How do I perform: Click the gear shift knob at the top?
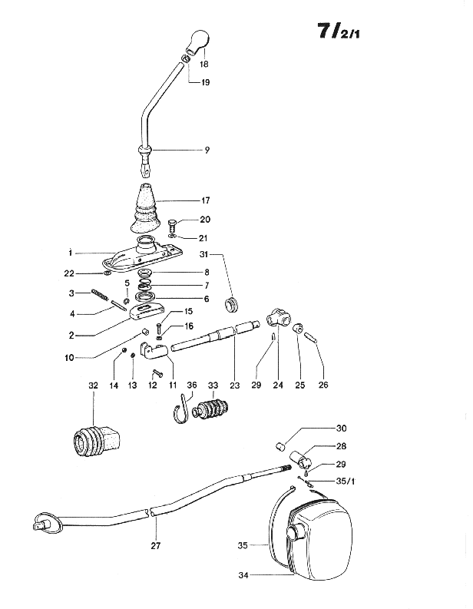pos(197,41)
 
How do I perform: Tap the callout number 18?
pos(204,64)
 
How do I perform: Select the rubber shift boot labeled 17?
pos(144,208)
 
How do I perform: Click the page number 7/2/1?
pos(339,31)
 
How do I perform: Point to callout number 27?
pos(155,546)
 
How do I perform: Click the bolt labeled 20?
pos(173,226)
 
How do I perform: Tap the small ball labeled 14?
pos(124,350)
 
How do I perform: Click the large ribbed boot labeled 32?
pos(96,442)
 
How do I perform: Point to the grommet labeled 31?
pos(232,303)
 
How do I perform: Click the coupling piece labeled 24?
pos(279,318)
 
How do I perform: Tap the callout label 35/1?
pos(346,482)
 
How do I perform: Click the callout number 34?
pos(243,575)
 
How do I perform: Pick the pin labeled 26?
pos(313,336)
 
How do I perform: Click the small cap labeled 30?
pos(280,445)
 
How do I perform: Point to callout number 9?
pos(207,150)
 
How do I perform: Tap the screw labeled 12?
pos(157,373)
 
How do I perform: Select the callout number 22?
pos(69,274)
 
